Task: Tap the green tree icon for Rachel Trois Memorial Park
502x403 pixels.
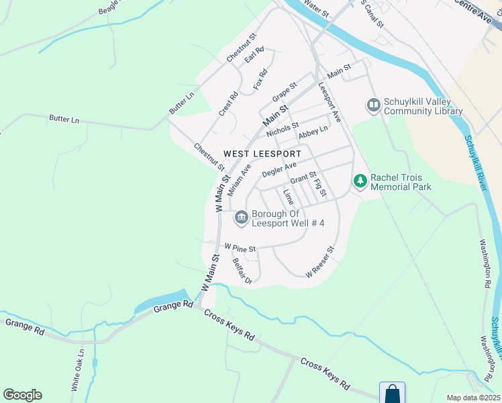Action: click(x=360, y=180)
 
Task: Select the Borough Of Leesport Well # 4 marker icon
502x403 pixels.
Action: click(x=241, y=218)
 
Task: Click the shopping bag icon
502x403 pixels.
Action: click(x=392, y=393)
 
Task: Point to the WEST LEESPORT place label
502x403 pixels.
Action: click(x=262, y=154)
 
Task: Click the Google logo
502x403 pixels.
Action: click(x=22, y=395)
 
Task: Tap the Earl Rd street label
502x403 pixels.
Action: click(x=254, y=55)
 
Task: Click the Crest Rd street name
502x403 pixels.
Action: click(x=229, y=103)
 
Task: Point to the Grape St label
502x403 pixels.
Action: click(x=284, y=89)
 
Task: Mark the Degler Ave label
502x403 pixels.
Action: click(x=279, y=169)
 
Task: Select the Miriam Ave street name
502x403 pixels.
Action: click(x=239, y=179)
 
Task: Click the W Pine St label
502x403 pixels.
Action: click(x=241, y=248)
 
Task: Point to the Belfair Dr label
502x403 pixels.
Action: click(x=242, y=271)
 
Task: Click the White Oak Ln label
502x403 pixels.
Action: click(x=77, y=369)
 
